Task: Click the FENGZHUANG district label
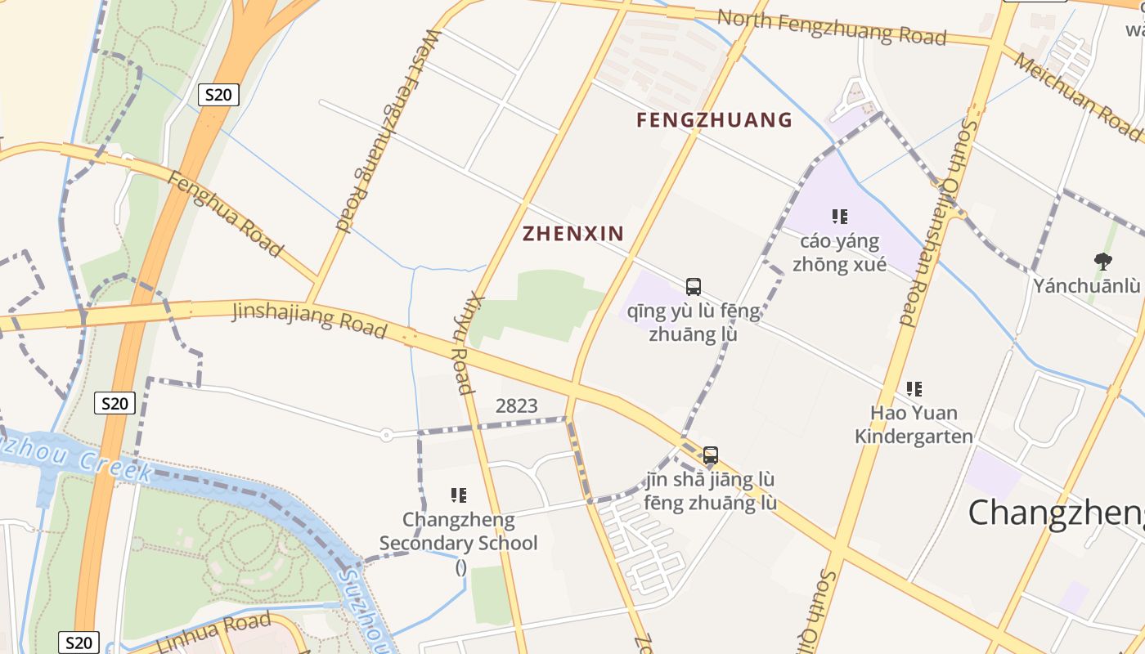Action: point(714,120)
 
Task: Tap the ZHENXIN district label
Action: point(572,234)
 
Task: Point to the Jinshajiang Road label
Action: point(309,319)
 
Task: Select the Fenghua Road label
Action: point(226,213)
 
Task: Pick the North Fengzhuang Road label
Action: point(831,27)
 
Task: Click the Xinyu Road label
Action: point(462,343)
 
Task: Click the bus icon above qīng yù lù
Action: point(693,287)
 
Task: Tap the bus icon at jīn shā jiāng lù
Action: point(710,455)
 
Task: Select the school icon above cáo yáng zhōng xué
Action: point(839,217)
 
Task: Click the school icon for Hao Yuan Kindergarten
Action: point(914,389)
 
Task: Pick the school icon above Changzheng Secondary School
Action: point(458,495)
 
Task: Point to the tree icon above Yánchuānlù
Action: point(1102,262)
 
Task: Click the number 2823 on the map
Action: point(517,405)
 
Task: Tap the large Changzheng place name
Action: point(1056,513)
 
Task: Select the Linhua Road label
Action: point(213,632)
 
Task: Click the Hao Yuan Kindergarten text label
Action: point(914,424)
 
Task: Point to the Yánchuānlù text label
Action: point(1086,286)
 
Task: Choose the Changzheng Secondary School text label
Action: point(458,531)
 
